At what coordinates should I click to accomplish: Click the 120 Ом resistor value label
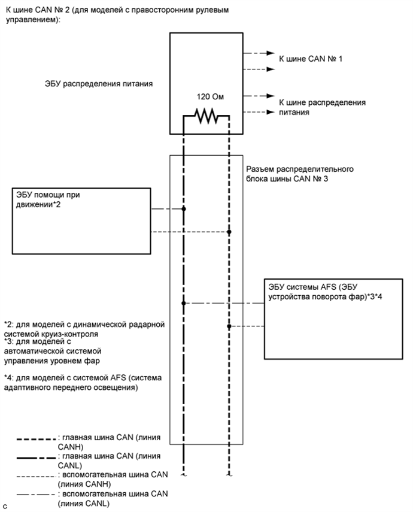[x=206, y=96]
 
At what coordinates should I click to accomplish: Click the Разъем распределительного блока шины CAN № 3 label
[x=300, y=174]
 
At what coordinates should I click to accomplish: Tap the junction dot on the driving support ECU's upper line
[x=184, y=209]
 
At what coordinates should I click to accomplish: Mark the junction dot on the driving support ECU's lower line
[x=229, y=232]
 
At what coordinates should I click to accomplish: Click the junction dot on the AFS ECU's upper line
[x=184, y=304]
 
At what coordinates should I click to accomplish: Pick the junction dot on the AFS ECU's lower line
[x=229, y=326]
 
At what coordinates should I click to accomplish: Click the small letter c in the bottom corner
[x=4, y=507]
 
